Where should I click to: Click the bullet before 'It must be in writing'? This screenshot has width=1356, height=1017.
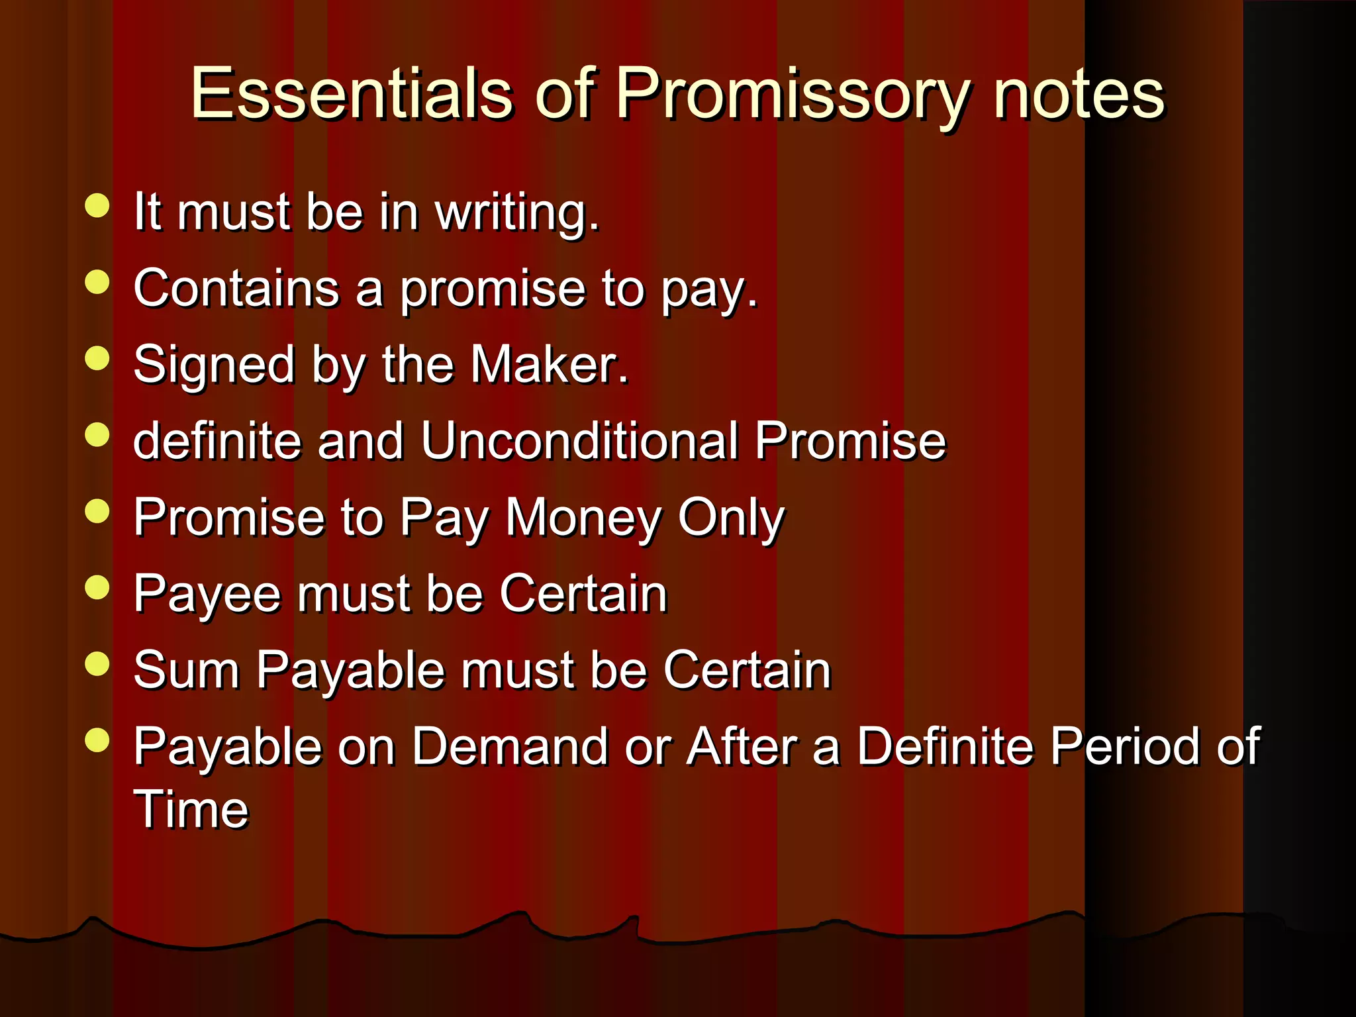pyautogui.click(x=97, y=205)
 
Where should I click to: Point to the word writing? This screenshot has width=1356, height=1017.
pyautogui.click(x=516, y=213)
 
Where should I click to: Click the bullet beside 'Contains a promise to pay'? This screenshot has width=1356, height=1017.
pyautogui.click(x=97, y=282)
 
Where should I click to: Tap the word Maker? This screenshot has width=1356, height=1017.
pyautogui.click(x=549, y=365)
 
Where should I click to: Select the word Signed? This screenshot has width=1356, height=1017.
pyautogui.click(x=214, y=366)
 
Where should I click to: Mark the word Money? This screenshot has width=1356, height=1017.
pyautogui.click(x=582, y=518)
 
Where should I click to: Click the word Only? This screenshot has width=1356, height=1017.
pyautogui.click(x=731, y=518)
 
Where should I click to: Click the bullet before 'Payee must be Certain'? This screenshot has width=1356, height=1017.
pyautogui.click(x=97, y=587)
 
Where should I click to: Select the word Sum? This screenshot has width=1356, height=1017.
pyautogui.click(x=186, y=670)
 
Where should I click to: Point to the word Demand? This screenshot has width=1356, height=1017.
pyautogui.click(x=509, y=747)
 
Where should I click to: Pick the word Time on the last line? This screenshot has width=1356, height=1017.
pyautogui.click(x=191, y=809)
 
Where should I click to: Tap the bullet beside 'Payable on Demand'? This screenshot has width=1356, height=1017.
pyautogui.click(x=97, y=740)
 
